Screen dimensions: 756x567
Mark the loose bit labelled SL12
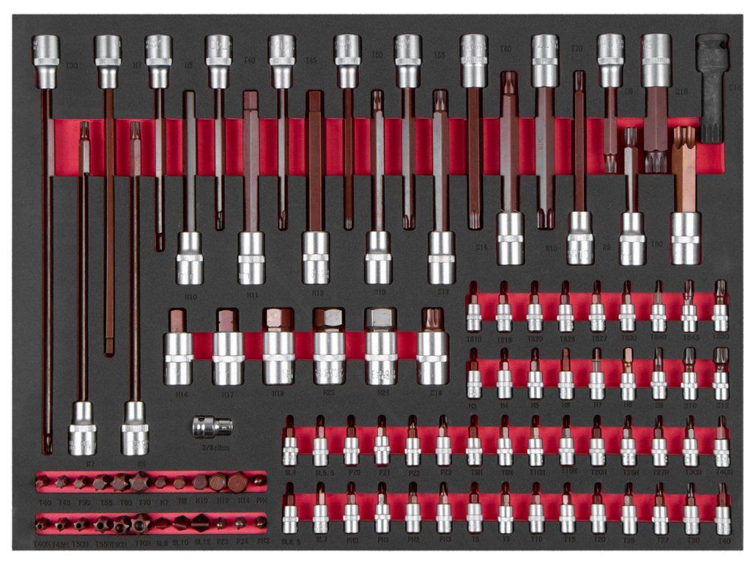coord(201,523)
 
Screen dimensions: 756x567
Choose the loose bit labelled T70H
coord(140,523)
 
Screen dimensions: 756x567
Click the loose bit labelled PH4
coord(258,481)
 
